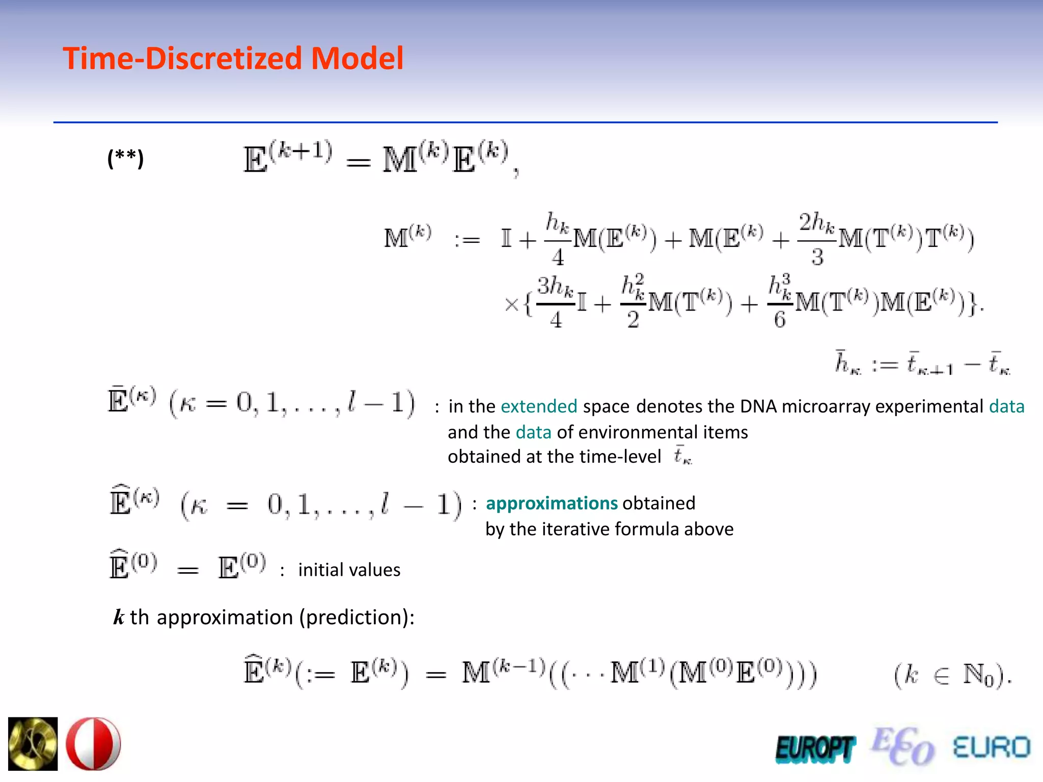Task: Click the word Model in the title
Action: point(357,58)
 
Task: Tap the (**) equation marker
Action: point(125,158)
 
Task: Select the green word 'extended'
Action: point(539,406)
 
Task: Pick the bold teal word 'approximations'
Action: point(552,503)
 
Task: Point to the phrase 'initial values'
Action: point(349,570)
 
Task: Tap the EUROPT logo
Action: point(815,749)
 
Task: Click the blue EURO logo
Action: point(991,747)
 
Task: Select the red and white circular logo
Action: point(94,744)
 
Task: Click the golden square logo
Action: point(33,744)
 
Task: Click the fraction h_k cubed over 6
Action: point(780,301)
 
